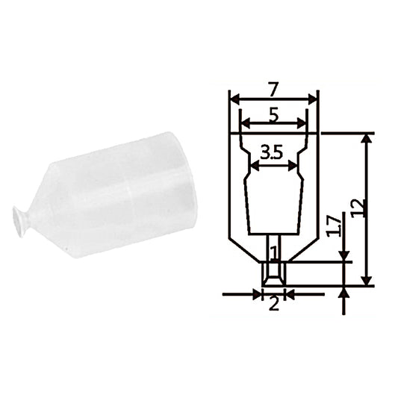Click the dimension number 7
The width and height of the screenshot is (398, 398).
click(x=274, y=89)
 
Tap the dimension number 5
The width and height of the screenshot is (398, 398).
click(x=273, y=115)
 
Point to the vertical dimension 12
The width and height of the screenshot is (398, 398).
click(x=358, y=208)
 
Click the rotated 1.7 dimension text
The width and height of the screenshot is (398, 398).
click(x=334, y=226)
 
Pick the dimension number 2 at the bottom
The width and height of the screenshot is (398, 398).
click(x=274, y=305)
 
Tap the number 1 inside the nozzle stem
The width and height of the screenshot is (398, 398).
click(x=274, y=253)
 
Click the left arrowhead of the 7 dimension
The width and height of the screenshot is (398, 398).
click(x=234, y=99)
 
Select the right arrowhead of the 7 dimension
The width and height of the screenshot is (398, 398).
click(x=313, y=99)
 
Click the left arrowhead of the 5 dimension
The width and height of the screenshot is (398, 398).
click(x=246, y=123)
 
